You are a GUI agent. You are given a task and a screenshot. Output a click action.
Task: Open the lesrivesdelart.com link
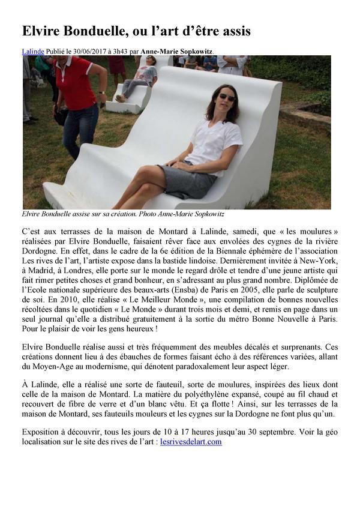(x=191, y=442)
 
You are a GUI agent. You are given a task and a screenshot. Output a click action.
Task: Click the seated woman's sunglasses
(x=227, y=97)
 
